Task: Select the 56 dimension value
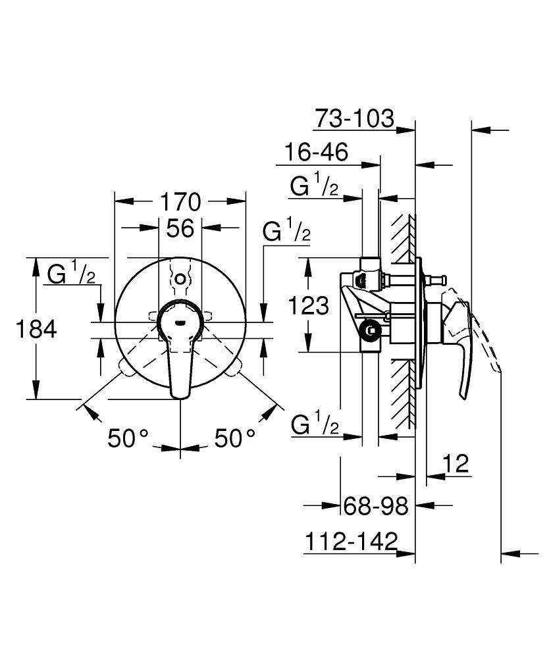click(x=179, y=228)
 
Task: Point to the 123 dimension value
click(x=308, y=305)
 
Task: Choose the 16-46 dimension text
click(x=316, y=153)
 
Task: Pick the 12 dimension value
click(x=456, y=465)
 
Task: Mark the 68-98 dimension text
click(x=376, y=506)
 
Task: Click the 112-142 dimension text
click(x=352, y=542)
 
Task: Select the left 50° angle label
click(x=129, y=438)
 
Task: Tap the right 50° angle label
click(x=233, y=438)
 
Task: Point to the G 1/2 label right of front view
click(x=286, y=232)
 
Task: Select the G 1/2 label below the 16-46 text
click(x=315, y=187)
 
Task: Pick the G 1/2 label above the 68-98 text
click(x=315, y=426)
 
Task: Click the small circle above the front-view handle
click(x=180, y=278)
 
